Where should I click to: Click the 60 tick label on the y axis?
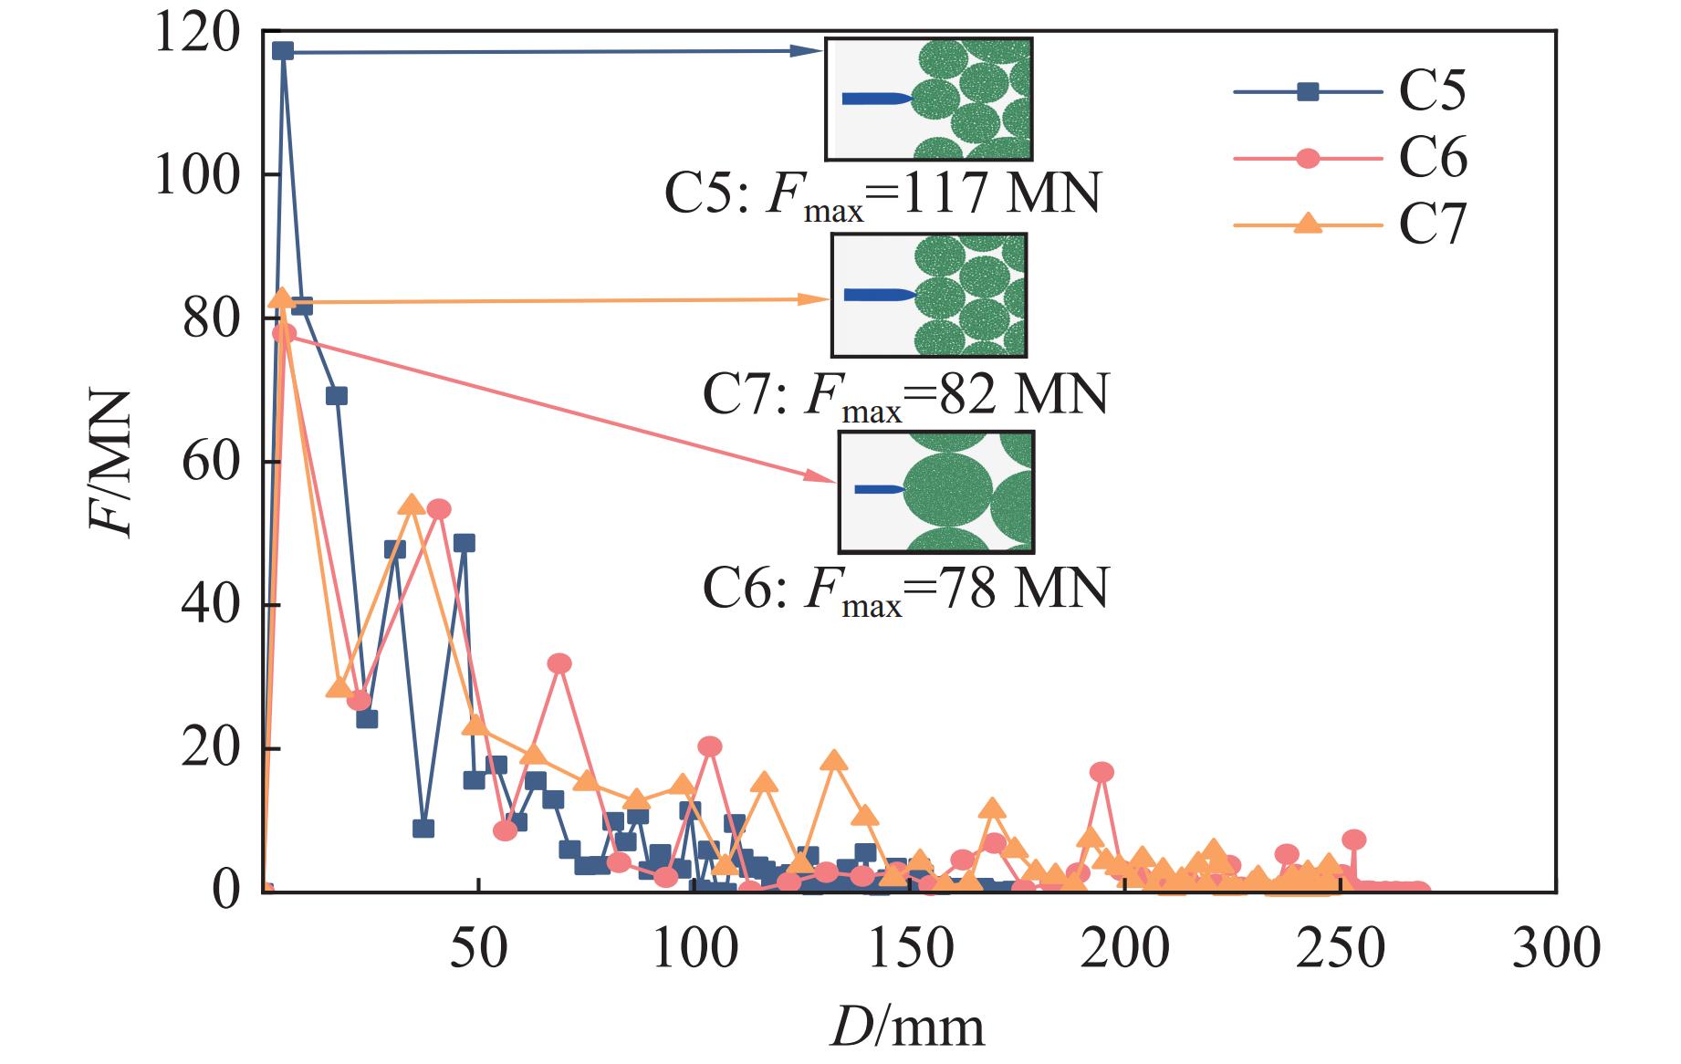[211, 463]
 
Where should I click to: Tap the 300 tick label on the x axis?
[1555, 949]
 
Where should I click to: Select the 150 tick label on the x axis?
[909, 949]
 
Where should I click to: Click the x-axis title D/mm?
[907, 1027]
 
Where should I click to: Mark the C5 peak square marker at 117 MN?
[283, 51]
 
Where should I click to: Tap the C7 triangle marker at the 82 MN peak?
[283, 298]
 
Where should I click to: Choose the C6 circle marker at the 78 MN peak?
[284, 333]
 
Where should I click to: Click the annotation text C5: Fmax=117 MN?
[882, 193]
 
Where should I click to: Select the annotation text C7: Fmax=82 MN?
[904, 394]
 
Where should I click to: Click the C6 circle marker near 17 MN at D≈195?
[1102, 772]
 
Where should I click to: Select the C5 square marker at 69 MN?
[337, 396]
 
